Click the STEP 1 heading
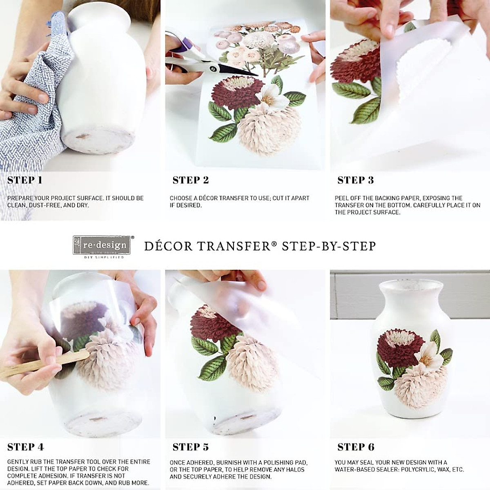[24, 180]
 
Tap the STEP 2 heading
[191, 180]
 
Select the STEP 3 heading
[355, 180]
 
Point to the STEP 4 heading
[25, 447]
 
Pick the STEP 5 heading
[191, 447]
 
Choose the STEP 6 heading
[356, 447]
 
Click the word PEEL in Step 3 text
[342, 198]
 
